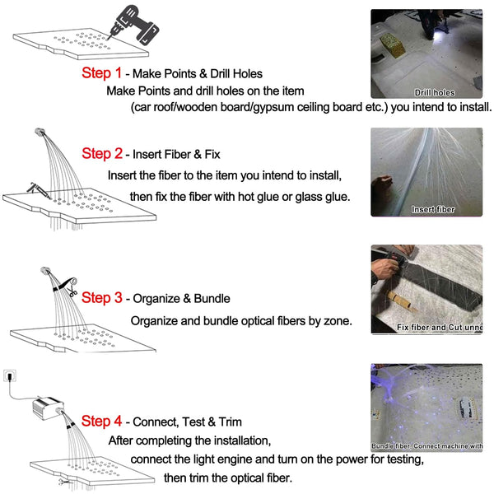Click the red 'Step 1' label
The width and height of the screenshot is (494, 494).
coord(101,72)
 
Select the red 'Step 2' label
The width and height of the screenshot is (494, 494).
coord(101,154)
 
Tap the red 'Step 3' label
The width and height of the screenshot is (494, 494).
coord(101,298)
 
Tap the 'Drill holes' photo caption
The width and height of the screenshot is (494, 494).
coord(434,93)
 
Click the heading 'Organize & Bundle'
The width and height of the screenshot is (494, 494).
coord(181,299)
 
